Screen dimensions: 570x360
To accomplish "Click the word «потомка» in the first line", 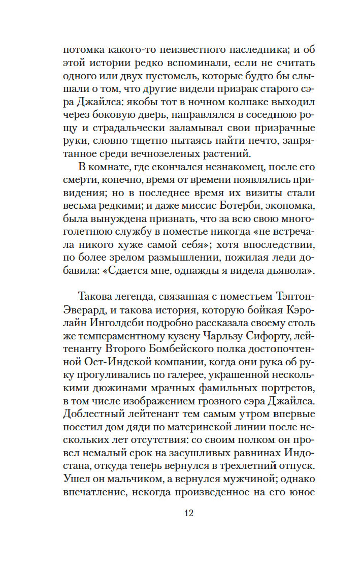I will (x=82, y=50).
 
